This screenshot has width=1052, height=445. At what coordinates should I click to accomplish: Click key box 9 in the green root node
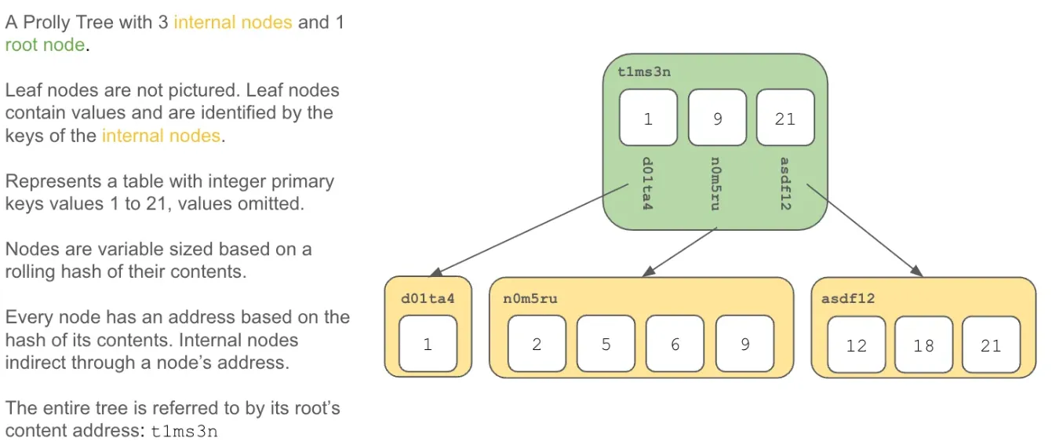click(717, 118)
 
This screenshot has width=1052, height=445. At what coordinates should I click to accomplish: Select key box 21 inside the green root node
click(785, 118)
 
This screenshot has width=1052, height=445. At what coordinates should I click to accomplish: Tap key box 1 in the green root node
click(648, 118)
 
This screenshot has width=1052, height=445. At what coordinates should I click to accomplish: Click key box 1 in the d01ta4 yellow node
click(428, 344)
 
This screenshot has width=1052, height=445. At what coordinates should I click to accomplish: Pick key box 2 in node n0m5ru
click(537, 344)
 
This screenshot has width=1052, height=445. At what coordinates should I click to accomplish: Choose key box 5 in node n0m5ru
click(606, 344)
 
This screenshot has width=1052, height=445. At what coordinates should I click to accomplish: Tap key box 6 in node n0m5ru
click(675, 344)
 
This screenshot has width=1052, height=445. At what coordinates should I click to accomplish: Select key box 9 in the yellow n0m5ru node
click(744, 344)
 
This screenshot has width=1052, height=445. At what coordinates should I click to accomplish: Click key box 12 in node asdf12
click(856, 345)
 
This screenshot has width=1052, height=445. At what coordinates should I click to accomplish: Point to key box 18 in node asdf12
click(924, 345)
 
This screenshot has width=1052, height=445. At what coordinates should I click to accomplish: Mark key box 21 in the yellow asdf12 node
click(991, 345)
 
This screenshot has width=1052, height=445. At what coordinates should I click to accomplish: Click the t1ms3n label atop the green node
click(644, 72)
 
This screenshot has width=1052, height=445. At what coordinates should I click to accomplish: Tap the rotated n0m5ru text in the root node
click(715, 184)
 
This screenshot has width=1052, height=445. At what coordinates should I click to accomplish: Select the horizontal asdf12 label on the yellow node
click(848, 298)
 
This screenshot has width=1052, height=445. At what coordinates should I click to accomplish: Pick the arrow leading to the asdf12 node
click(865, 230)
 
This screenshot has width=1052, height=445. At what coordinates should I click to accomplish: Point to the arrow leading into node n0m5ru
click(679, 252)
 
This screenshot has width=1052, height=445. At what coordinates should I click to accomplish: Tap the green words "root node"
click(45, 45)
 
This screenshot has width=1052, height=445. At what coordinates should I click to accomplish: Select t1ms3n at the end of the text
click(184, 432)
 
